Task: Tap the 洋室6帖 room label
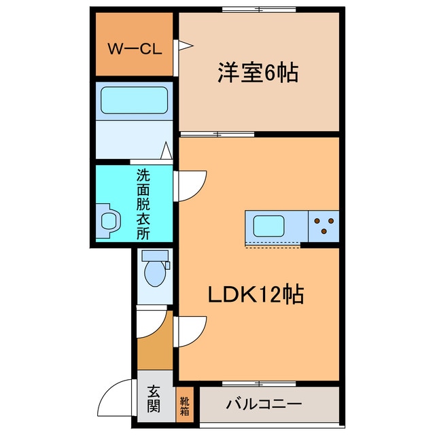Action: [x=258, y=73]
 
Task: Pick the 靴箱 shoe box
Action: [x=185, y=405]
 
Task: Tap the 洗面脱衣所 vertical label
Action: [x=143, y=204]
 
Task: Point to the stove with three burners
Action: [x=324, y=225]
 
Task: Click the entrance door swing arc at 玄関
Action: [x=117, y=396]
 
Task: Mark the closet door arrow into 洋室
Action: [x=185, y=46]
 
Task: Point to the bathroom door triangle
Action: [x=165, y=150]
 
